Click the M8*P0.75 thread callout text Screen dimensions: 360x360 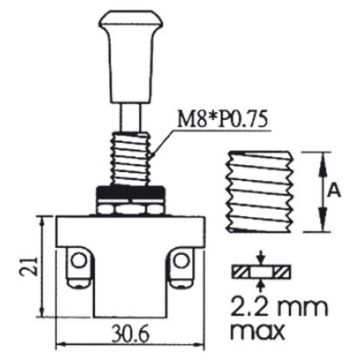[222, 121]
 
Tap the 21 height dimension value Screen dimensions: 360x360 [28, 266]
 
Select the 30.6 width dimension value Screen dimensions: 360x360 [130, 336]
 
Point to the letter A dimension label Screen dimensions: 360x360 [334, 191]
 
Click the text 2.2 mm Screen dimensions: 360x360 [279, 309]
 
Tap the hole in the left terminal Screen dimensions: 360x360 [79, 260]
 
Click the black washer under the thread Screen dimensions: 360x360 [130, 193]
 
